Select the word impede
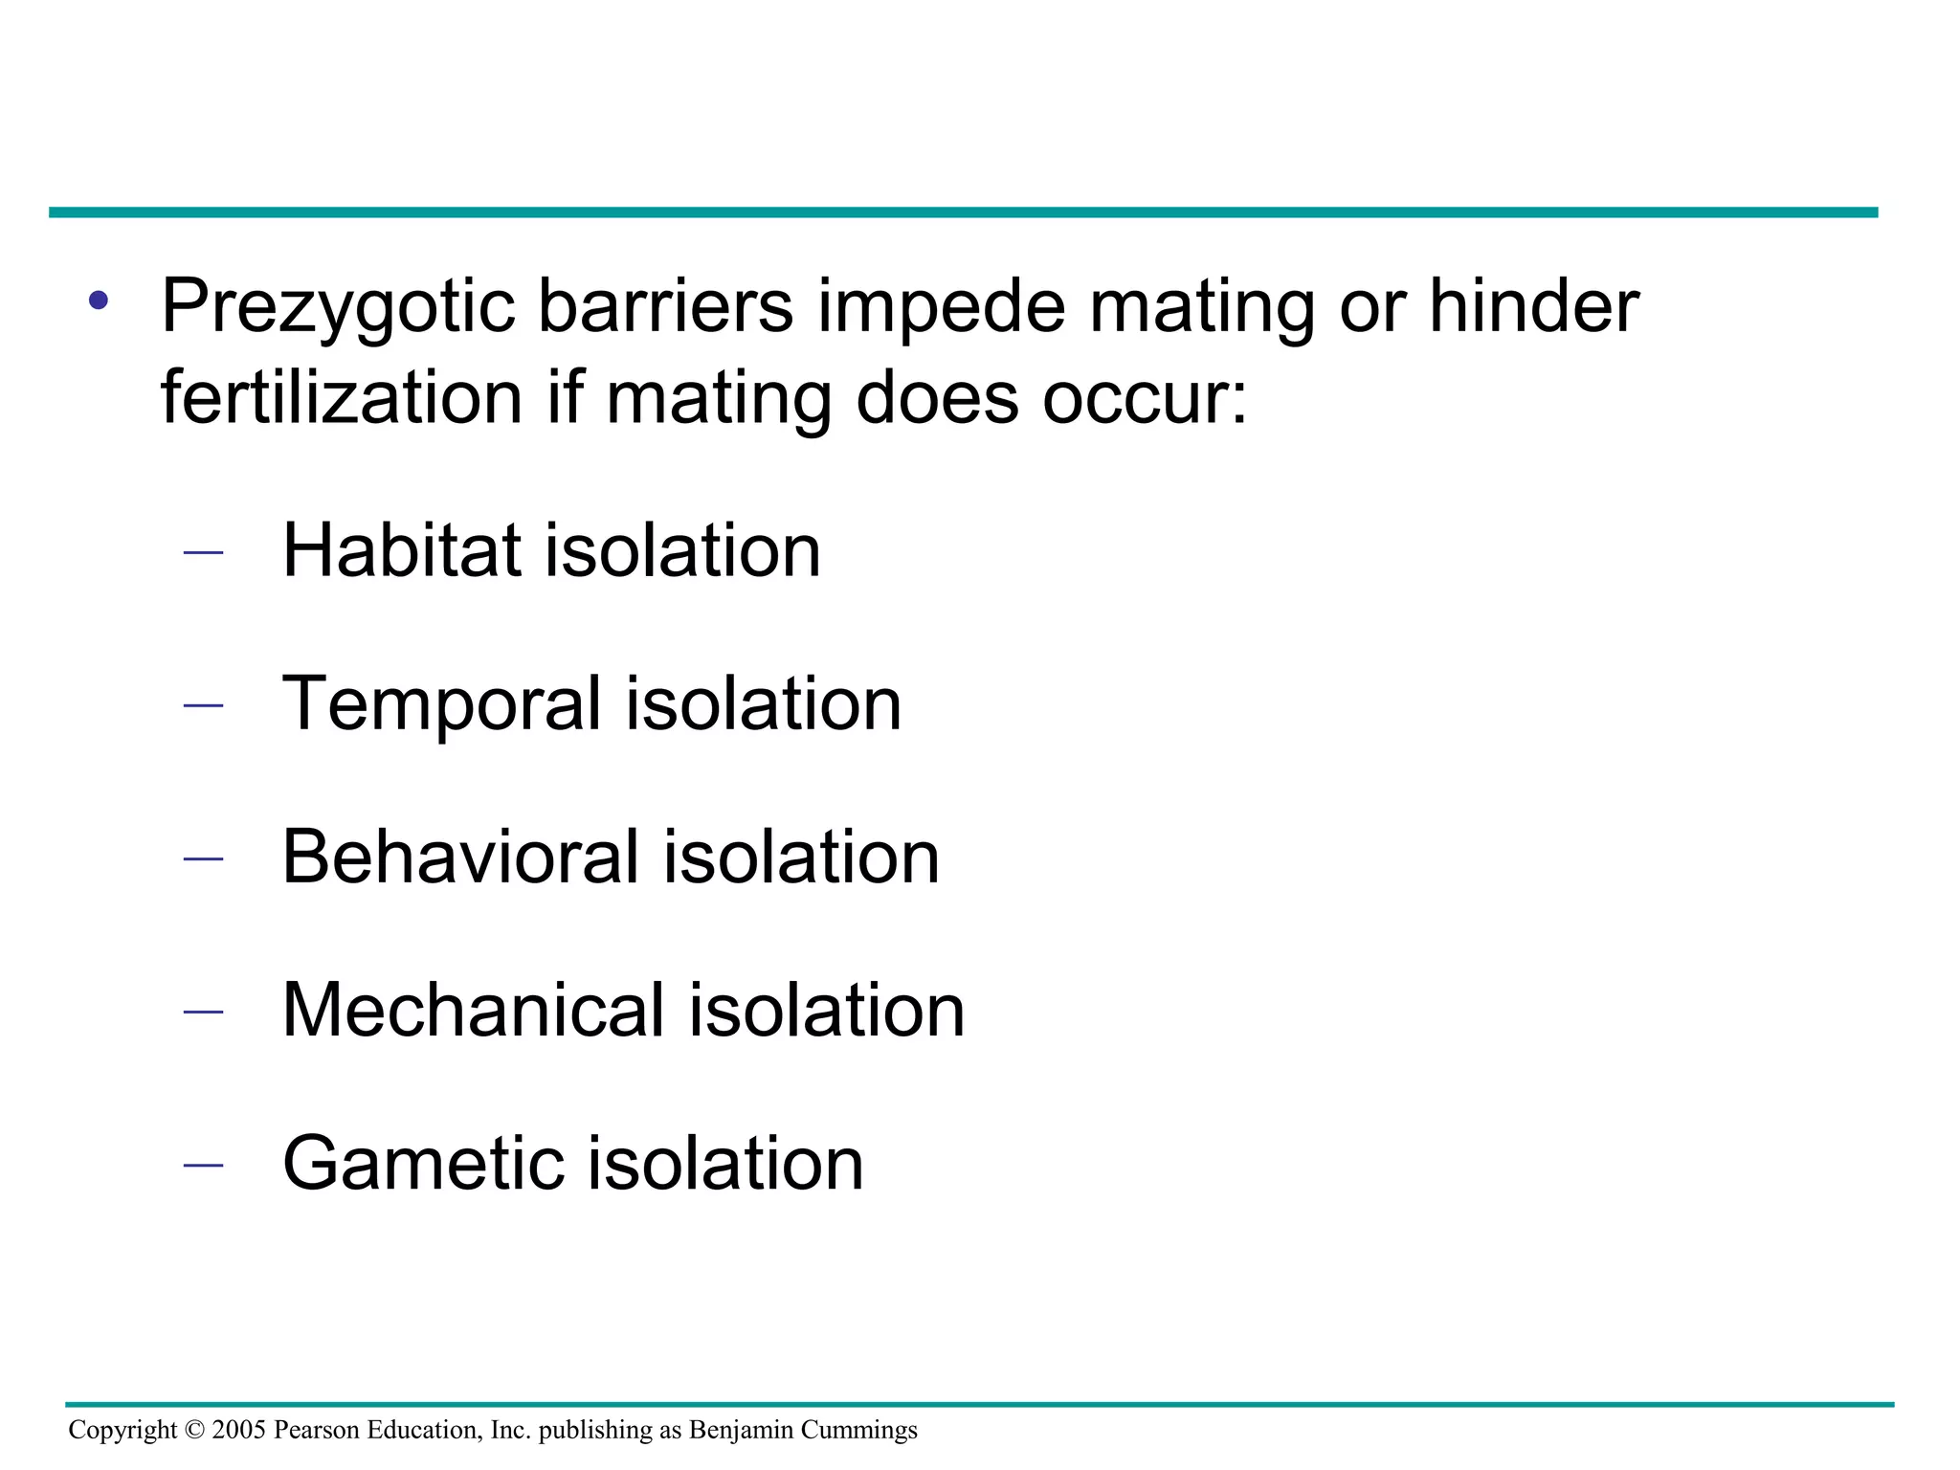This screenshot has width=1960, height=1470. pyautogui.click(x=941, y=306)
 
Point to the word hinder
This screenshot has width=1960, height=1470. pyautogui.click(x=1534, y=306)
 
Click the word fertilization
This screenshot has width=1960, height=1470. pyautogui.click(x=342, y=397)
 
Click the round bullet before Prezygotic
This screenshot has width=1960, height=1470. pyautogui.click(x=99, y=301)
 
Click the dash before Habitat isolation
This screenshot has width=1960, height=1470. pyautogui.click(x=202, y=552)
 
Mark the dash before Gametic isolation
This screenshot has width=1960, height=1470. pyautogui.click(x=202, y=1165)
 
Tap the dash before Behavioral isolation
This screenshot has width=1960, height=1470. pyautogui.click(x=202, y=858)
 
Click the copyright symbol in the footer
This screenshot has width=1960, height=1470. pyautogui.click(x=194, y=1430)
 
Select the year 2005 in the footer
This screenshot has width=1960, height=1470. pyautogui.click(x=238, y=1430)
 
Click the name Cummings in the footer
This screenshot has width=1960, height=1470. pyautogui.click(x=859, y=1430)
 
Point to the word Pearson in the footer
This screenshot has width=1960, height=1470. pyautogui.click(x=310, y=1430)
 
